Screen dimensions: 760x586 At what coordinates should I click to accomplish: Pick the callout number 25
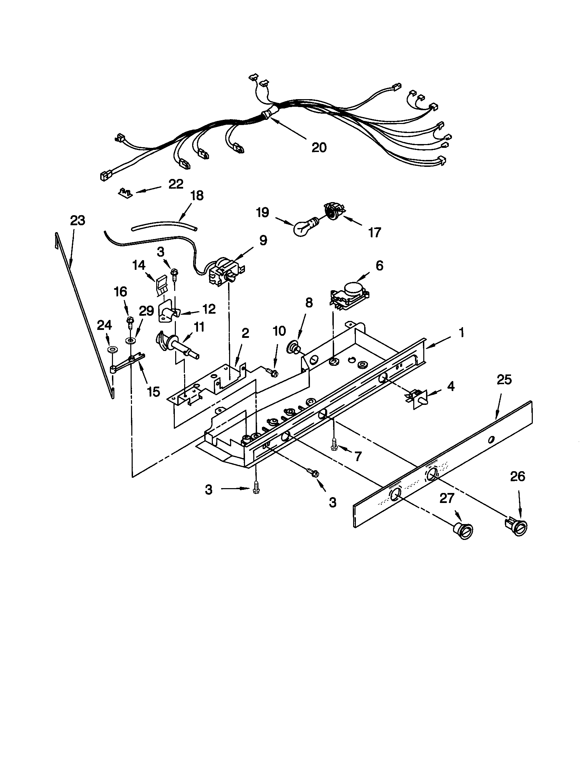pos(504,380)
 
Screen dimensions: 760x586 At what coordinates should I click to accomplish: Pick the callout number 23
pos(77,220)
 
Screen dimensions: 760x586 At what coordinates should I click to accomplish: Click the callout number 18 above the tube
pos(197,195)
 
